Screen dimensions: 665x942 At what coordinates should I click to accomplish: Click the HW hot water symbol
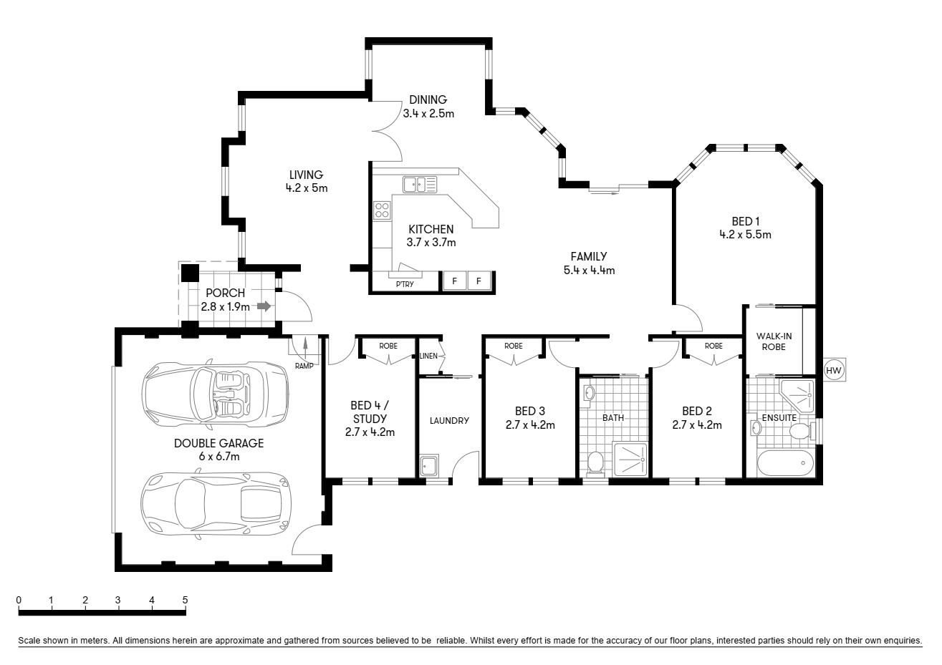(x=833, y=370)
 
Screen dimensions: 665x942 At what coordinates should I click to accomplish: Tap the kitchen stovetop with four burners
(x=382, y=210)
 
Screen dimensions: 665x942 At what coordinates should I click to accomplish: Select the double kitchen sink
(x=415, y=184)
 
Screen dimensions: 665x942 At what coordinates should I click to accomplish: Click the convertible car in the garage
(x=216, y=394)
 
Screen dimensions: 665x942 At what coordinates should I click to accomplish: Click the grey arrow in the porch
(x=264, y=306)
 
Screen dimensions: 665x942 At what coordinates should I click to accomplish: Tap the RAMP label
(x=304, y=365)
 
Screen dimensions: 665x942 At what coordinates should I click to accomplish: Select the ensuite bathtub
(x=785, y=463)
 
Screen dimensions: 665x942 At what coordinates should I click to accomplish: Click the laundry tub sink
(x=430, y=466)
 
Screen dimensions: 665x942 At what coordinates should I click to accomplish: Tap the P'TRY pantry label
(x=404, y=284)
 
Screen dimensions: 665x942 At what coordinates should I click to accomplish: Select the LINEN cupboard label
(x=428, y=356)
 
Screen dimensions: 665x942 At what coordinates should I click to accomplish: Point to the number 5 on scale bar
(x=185, y=600)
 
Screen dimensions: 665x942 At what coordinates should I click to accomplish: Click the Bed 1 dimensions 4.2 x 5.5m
(x=745, y=234)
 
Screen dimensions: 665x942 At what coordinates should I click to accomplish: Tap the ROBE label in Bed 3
(x=513, y=346)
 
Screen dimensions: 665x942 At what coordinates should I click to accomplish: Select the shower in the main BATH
(x=630, y=460)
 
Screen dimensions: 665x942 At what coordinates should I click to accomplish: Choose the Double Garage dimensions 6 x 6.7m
(x=218, y=456)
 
